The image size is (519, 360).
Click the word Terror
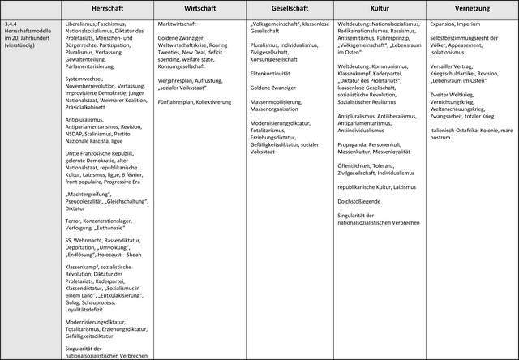pos(75,220)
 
